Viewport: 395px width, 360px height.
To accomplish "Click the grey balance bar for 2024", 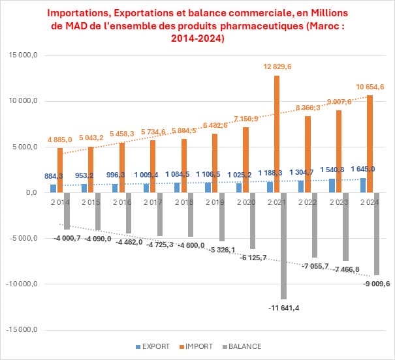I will coord(376,233).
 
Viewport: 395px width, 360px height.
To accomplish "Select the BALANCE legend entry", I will coord(242,346).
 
